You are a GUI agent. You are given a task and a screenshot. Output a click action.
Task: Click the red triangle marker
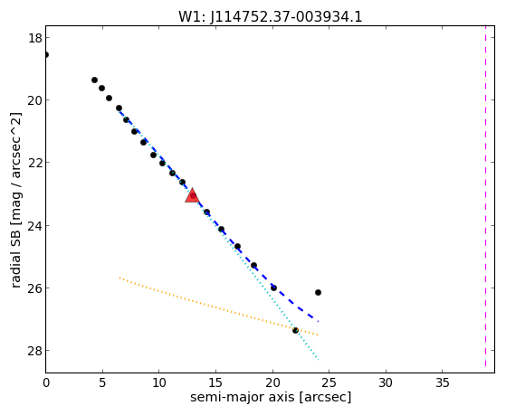click(x=192, y=195)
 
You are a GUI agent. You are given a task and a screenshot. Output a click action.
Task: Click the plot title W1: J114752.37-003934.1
click(x=271, y=17)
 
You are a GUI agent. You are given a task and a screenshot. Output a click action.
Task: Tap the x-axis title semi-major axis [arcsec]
click(x=271, y=397)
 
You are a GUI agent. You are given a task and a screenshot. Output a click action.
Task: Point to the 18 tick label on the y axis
click(x=34, y=38)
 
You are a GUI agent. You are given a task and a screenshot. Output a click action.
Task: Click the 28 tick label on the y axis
click(x=34, y=351)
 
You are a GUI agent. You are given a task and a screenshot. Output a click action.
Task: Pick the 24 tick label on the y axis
click(x=34, y=225)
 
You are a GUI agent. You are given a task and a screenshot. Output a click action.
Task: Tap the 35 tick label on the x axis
click(x=442, y=383)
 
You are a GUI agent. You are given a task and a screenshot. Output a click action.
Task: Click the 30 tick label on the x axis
click(x=386, y=383)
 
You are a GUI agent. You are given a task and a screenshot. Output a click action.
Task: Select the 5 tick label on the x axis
click(x=102, y=383)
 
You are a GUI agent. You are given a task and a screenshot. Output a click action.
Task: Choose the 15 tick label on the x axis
click(x=215, y=383)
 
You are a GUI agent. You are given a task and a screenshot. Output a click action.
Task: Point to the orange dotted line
click(x=218, y=307)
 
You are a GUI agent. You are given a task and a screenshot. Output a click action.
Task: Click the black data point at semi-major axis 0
click(x=46, y=55)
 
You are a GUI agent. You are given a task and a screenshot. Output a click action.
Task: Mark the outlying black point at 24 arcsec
click(x=318, y=292)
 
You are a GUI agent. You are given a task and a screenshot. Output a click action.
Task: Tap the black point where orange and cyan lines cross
click(x=295, y=331)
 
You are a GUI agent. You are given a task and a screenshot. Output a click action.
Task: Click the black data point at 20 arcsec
click(x=273, y=288)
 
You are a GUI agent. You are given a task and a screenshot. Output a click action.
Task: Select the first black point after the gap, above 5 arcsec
click(x=94, y=80)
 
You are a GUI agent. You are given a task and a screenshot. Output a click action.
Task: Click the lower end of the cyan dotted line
click(x=319, y=360)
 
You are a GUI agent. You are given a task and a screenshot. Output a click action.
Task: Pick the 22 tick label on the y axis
click(x=34, y=163)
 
